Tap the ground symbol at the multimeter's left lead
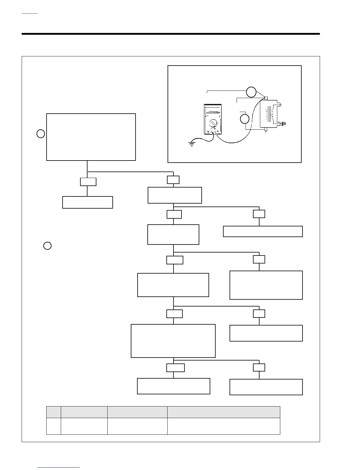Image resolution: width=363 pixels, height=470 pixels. point(192,145)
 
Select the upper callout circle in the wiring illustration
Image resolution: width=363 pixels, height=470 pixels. point(251,92)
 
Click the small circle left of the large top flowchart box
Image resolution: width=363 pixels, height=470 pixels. point(41,134)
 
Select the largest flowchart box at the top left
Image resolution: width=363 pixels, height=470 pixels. point(91,137)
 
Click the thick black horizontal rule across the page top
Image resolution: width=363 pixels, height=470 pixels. point(171,34)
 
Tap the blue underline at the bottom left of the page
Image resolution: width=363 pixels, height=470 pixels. point(59,467)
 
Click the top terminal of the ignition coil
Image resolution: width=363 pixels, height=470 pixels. point(266,98)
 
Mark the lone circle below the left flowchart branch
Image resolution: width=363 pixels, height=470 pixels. point(47,246)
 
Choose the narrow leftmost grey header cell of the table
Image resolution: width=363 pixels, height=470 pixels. point(54,412)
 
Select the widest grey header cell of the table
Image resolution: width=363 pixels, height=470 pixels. point(224,412)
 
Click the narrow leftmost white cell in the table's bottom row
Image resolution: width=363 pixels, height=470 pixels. point(54,426)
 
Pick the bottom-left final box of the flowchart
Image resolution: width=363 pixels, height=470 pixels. point(173,386)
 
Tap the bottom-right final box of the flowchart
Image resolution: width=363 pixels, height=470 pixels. point(266,387)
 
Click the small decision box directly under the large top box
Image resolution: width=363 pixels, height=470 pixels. point(88,182)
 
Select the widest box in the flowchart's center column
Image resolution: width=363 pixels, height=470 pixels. point(173,341)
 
